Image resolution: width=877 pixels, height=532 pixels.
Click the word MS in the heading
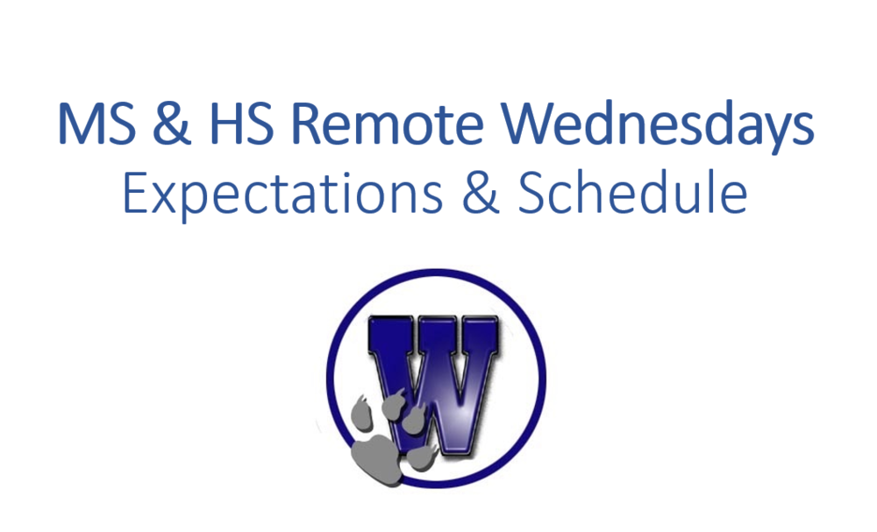(x=96, y=124)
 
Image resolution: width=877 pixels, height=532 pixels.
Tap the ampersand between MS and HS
(x=171, y=124)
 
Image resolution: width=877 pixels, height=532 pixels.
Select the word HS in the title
(x=241, y=124)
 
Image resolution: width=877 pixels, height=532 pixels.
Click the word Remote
(x=387, y=124)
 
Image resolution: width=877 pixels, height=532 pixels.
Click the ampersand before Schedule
(x=481, y=193)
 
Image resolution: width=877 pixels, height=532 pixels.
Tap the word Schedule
(x=632, y=192)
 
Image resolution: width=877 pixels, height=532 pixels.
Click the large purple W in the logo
(x=432, y=385)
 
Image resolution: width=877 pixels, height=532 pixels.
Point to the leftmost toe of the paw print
(x=361, y=414)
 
